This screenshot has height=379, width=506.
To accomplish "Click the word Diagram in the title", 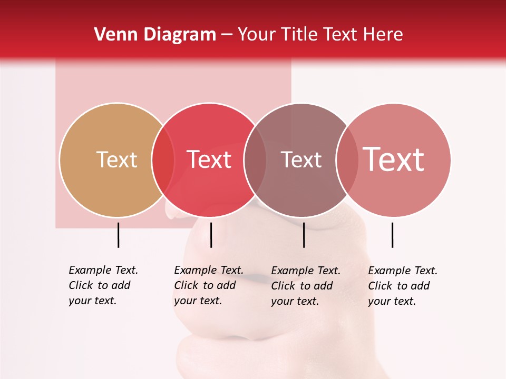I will [x=180, y=34].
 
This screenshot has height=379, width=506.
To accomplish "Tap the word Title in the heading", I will [x=300, y=34].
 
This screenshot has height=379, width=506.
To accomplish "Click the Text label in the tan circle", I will [x=116, y=159].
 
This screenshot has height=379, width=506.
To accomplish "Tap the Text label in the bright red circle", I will [x=209, y=159].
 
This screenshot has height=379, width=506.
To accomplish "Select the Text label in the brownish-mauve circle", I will [x=301, y=159].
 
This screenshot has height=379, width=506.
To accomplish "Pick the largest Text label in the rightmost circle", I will [x=394, y=159].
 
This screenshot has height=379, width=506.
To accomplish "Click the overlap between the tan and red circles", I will [x=163, y=159].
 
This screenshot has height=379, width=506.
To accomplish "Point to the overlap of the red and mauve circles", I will [x=255, y=159].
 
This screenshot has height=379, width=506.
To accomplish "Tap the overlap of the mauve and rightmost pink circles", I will [x=347, y=159].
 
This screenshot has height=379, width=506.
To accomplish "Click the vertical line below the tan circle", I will [x=118, y=235].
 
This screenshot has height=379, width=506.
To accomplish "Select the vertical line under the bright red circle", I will [x=211, y=235].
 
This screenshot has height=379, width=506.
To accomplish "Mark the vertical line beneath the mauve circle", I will [x=304, y=235].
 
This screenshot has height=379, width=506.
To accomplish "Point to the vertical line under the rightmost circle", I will [x=392, y=235].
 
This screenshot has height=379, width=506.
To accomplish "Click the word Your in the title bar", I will [x=257, y=34].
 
